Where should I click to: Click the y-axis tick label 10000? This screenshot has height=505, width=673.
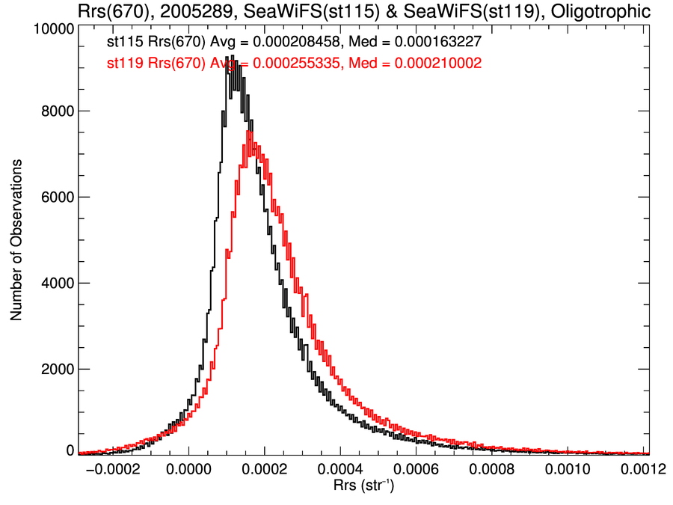[x=52, y=28]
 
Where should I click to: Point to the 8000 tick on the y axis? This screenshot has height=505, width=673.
[x=55, y=111]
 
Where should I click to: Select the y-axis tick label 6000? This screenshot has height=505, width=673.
[x=55, y=197]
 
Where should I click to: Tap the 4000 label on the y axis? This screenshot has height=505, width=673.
[x=55, y=283]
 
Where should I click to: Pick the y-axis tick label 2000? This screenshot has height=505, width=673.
[x=55, y=369]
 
